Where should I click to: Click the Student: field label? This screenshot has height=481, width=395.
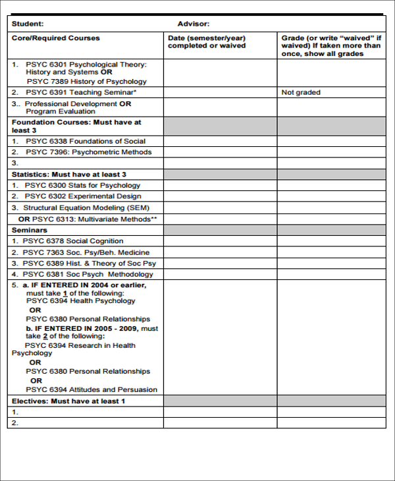(28, 24)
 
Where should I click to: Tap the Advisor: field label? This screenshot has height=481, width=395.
(194, 24)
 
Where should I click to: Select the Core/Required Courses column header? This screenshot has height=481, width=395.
(56, 38)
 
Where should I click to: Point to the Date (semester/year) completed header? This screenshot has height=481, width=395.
(207, 42)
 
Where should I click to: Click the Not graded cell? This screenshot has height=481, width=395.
(301, 92)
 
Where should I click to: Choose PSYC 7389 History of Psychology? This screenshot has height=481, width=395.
(86, 82)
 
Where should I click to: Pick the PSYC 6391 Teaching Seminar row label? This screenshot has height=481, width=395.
(81, 92)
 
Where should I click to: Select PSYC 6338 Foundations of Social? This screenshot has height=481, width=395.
(85, 141)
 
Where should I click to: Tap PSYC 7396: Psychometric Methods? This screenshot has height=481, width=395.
(88, 152)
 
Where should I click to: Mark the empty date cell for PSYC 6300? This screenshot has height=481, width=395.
(220, 185)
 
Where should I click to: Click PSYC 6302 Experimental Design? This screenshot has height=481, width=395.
(83, 196)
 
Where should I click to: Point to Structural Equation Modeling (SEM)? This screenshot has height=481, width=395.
(87, 208)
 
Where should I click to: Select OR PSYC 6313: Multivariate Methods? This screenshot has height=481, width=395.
(88, 219)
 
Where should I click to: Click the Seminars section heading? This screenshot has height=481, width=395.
(30, 230)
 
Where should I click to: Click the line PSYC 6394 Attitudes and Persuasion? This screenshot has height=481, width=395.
(92, 389)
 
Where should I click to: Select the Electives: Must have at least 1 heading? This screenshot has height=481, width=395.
(68, 401)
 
